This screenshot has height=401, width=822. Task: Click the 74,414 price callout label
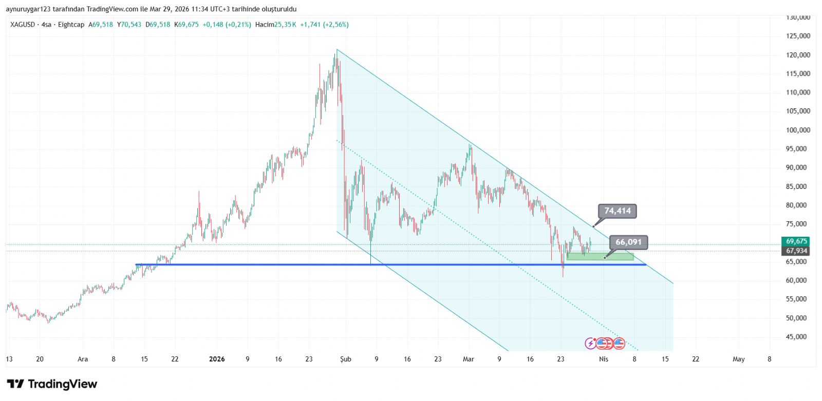pos(617,211)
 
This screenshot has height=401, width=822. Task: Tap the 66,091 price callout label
pos(628,242)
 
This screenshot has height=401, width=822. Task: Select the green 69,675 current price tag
pos(796,241)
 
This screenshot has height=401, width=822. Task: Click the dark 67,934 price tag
pos(796,251)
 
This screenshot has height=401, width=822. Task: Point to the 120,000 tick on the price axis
pos(798,55)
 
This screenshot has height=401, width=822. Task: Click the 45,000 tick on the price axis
pos(798,337)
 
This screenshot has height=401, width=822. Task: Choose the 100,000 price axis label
pos(798,130)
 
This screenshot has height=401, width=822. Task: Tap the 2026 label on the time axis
pos(217,359)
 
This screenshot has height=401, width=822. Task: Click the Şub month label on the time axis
pos(346,359)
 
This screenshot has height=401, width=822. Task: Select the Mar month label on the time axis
pos(468,359)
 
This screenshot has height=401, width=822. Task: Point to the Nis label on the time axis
pos(604,359)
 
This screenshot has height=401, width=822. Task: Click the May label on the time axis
pos(738,359)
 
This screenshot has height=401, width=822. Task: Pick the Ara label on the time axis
pos(83,359)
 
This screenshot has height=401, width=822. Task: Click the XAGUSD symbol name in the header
pos(23,25)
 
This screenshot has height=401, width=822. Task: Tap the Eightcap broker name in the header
pos(71,25)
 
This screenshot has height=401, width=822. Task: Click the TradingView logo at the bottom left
pos(52,384)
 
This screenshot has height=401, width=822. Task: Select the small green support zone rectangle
pos(600,256)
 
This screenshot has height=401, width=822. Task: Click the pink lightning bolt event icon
pos(591,343)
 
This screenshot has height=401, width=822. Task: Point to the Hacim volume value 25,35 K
pos(285,25)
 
